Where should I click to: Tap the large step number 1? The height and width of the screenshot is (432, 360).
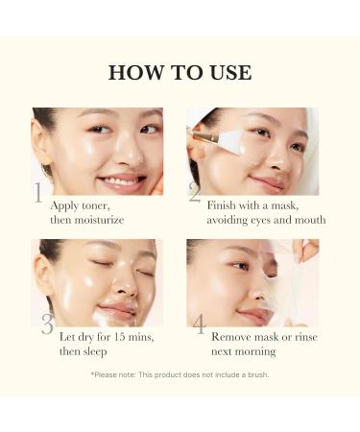[x=38, y=193]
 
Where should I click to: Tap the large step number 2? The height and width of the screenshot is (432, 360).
[x=195, y=193]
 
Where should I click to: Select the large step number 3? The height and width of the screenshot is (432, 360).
[x=46, y=324]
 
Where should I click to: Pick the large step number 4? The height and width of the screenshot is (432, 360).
[x=199, y=324]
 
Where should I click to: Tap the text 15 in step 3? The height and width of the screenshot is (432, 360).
[x=120, y=337]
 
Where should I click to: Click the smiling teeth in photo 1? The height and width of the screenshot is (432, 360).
[x=119, y=180]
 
